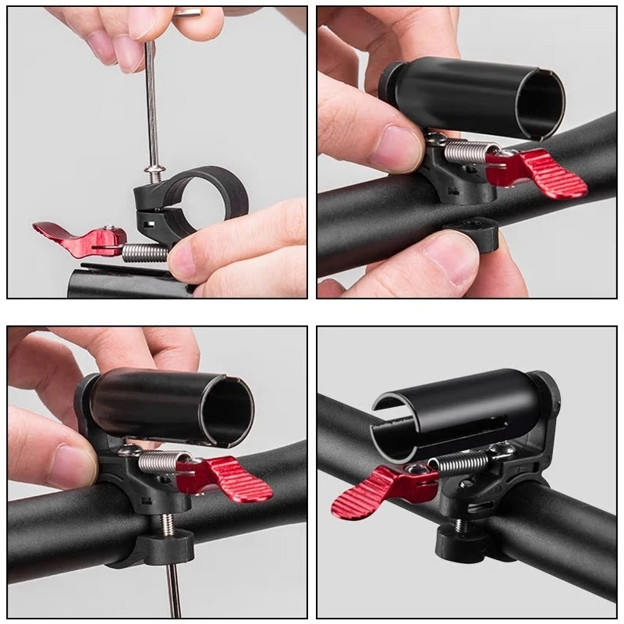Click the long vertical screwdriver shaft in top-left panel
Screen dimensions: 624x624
pyautogui.click(x=152, y=101)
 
